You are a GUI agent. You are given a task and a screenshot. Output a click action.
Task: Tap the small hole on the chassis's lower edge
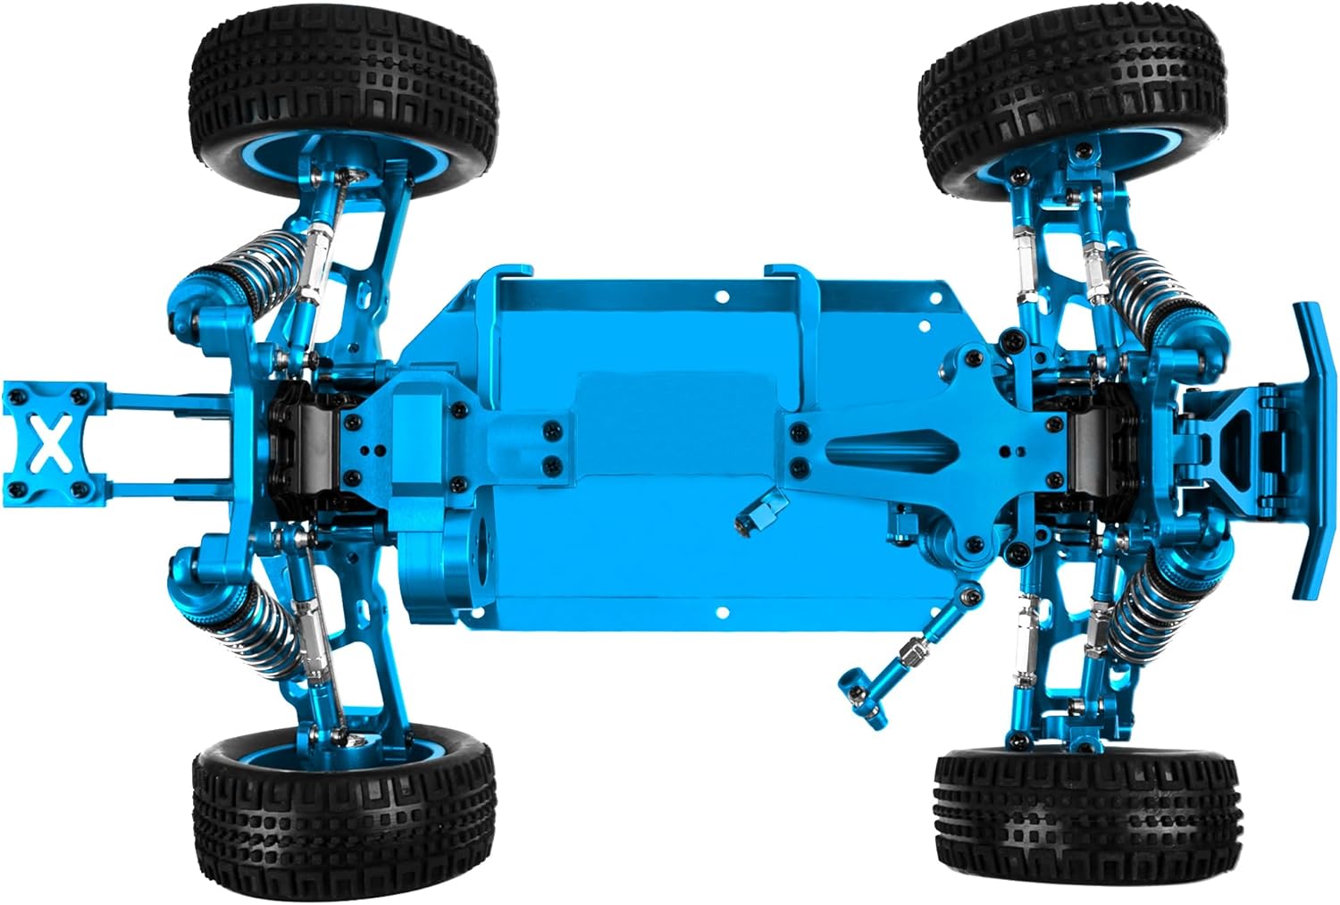pyautogui.click(x=722, y=613)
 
